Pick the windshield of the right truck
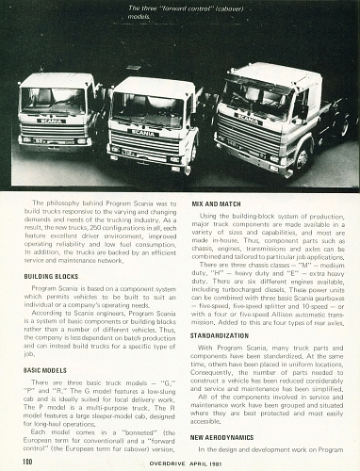[255, 93]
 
